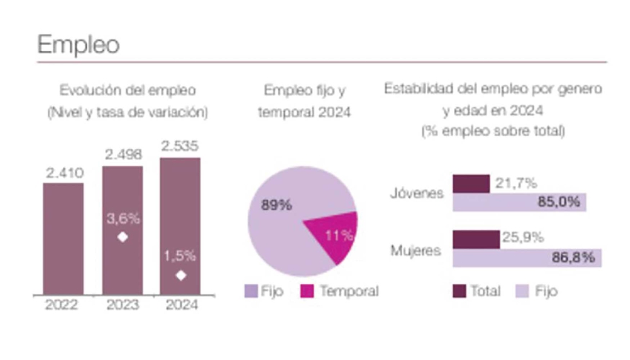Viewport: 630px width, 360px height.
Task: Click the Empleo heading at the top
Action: click(78, 45)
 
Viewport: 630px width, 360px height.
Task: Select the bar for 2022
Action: click(63, 238)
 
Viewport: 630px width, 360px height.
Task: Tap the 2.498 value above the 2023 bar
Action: click(122, 155)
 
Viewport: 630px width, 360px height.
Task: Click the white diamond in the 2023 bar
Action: click(123, 237)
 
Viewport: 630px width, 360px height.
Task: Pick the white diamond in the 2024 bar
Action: click(181, 275)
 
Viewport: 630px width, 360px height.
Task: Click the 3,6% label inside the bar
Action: click(123, 218)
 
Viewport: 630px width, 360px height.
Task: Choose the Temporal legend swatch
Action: click(307, 291)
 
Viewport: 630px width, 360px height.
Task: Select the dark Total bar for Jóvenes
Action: click(471, 184)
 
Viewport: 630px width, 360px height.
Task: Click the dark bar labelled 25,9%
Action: click(476, 239)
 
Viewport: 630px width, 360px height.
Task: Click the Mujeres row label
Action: click(416, 250)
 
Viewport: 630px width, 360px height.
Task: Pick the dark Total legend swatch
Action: click(459, 291)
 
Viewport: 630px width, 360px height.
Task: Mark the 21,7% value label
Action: click(516, 183)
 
